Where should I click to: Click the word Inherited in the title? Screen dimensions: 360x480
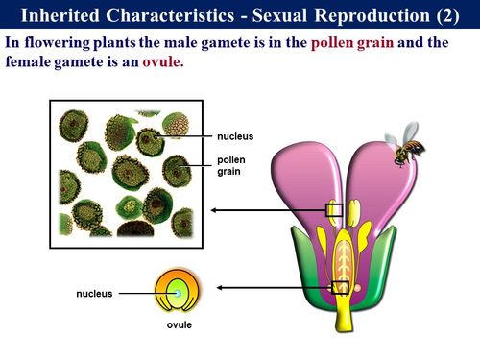point(64,16)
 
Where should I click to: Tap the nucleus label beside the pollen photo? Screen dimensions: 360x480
point(235,136)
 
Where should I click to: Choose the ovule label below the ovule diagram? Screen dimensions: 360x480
point(180,324)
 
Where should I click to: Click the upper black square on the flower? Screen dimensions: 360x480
point(334,209)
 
